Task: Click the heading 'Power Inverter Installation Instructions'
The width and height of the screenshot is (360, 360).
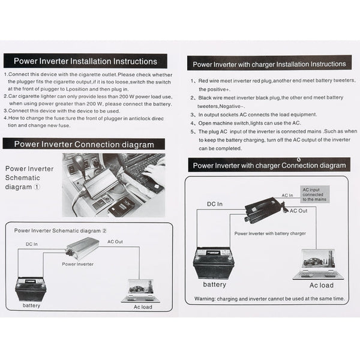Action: pyautogui.click(x=86, y=61)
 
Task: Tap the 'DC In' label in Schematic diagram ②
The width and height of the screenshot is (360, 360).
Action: pyautogui.click(x=32, y=244)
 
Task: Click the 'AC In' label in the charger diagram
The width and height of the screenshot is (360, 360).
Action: pyautogui.click(x=287, y=196)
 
